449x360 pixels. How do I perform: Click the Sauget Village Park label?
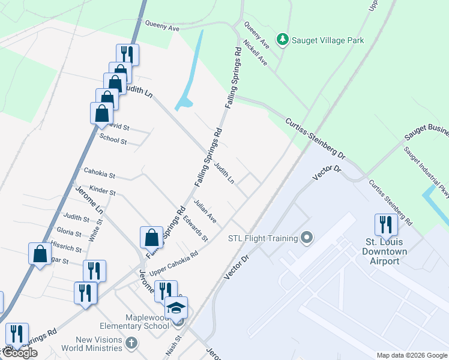[x=328, y=40]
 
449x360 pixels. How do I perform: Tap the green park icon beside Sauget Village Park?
[x=283, y=40]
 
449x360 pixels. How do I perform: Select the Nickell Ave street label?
[x=255, y=52]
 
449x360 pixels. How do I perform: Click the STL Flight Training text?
[x=263, y=238]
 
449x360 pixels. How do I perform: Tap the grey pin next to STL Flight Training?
[x=307, y=238]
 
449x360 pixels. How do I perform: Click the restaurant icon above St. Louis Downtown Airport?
[x=385, y=225]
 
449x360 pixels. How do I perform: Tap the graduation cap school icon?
[x=176, y=308]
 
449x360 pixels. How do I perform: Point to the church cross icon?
[x=132, y=344]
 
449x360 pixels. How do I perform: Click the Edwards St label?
[x=196, y=229]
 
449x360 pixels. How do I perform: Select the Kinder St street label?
[x=102, y=191]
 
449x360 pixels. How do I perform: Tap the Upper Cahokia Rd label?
[x=174, y=263]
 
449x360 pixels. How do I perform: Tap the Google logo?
[x=19, y=353]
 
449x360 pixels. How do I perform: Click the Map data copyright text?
[x=411, y=355]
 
